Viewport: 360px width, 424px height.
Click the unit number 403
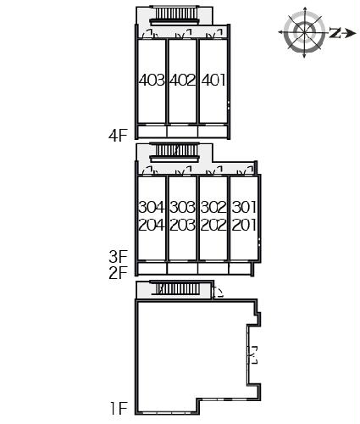pyautogui.click(x=152, y=80)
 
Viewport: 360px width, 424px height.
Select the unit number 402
pyautogui.click(x=183, y=80)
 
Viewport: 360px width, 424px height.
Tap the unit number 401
pyautogui.click(x=213, y=80)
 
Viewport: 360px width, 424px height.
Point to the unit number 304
pyautogui.click(x=152, y=207)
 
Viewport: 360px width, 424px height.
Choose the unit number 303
pyautogui.click(x=183, y=207)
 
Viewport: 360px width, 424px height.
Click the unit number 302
pyautogui.click(x=213, y=207)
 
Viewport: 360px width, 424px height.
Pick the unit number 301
pyautogui.click(x=244, y=207)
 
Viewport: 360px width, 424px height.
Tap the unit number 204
pyautogui.click(x=152, y=225)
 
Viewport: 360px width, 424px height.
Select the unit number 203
pyautogui.click(x=183, y=225)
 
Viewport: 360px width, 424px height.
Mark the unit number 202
pyautogui.click(x=213, y=225)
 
